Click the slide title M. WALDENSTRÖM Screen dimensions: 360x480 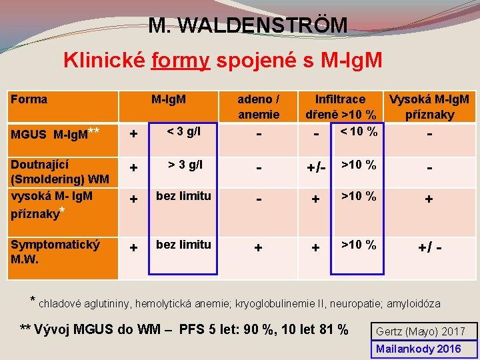(248, 25)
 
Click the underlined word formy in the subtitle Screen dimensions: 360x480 (181, 61)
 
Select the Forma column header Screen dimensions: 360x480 (29, 99)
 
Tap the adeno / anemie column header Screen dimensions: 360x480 (259, 107)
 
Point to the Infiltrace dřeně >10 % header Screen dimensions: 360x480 (341, 107)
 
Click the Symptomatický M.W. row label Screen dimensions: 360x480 (55, 251)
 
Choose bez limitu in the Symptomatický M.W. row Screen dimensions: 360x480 (183, 244)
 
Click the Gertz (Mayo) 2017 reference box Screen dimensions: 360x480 (421, 331)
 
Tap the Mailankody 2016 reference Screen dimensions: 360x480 (419, 349)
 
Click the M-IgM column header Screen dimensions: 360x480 (169, 100)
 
